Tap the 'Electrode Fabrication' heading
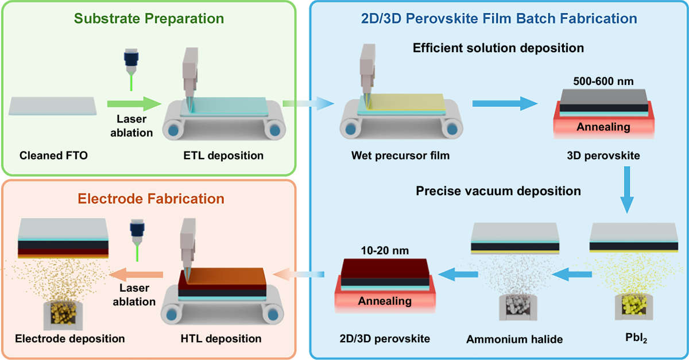pyautogui.click(x=150, y=199)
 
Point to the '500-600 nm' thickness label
pyautogui.click(x=603, y=81)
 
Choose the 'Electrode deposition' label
pyautogui.click(x=70, y=338)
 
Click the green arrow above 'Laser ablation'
pyautogui.click(x=133, y=104)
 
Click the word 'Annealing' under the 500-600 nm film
pyautogui.click(x=603, y=126)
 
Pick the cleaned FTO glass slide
pyautogui.click(x=52, y=107)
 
